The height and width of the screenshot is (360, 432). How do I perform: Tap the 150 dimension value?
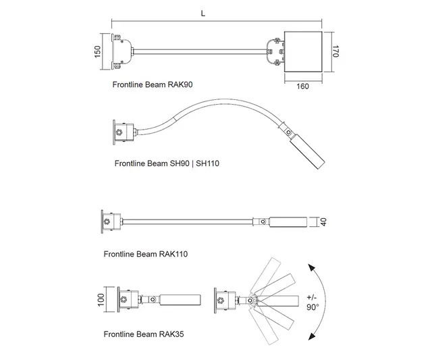tap(97, 52)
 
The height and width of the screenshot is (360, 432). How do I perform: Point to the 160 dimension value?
tap(302, 86)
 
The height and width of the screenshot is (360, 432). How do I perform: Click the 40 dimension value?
tap(323, 222)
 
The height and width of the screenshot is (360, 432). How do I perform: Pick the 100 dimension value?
tap(99, 299)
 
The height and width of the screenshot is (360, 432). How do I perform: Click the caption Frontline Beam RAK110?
tap(145, 254)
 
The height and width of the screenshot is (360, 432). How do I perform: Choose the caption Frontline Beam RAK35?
tap(143, 334)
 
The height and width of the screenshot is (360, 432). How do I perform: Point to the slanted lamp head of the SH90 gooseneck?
tap(306, 152)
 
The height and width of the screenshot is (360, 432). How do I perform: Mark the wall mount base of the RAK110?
tap(111, 222)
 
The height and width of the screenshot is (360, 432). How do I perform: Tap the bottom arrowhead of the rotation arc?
tap(311, 336)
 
